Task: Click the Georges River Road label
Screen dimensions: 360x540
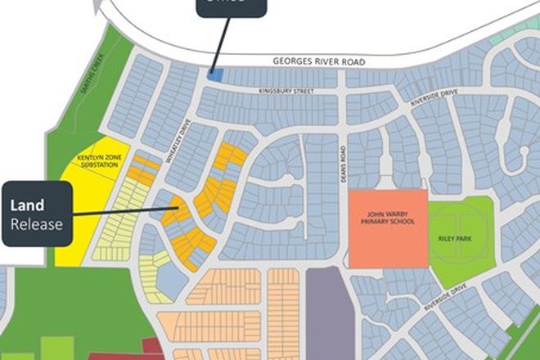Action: pos(318,62)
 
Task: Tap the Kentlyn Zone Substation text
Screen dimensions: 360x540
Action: pos(96,160)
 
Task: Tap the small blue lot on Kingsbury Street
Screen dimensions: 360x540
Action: pos(216,74)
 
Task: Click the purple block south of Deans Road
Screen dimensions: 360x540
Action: pos(326,315)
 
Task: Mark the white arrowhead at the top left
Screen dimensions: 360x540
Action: pos(99,9)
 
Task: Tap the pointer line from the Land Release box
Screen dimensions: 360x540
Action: pos(123,212)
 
